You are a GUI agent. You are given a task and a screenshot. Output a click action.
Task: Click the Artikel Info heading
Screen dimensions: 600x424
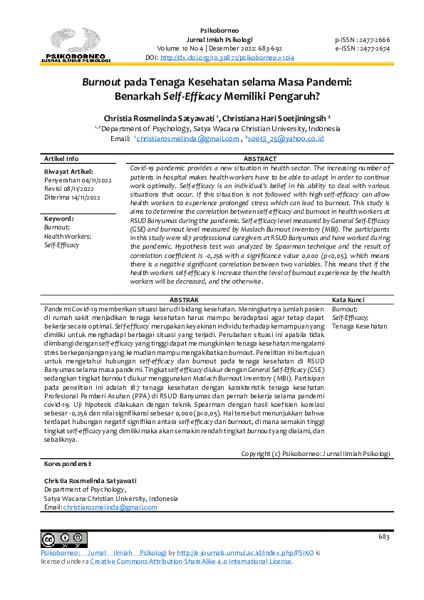tap(62, 159)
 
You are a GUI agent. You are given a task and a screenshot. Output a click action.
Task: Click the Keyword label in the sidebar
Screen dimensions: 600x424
tap(59, 219)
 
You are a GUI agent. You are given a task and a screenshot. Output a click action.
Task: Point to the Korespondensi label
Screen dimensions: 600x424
tap(68, 464)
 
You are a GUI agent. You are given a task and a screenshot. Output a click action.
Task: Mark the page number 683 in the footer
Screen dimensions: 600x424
tap(384, 536)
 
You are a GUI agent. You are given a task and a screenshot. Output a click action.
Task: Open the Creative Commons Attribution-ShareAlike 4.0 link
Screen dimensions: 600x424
tap(190, 561)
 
